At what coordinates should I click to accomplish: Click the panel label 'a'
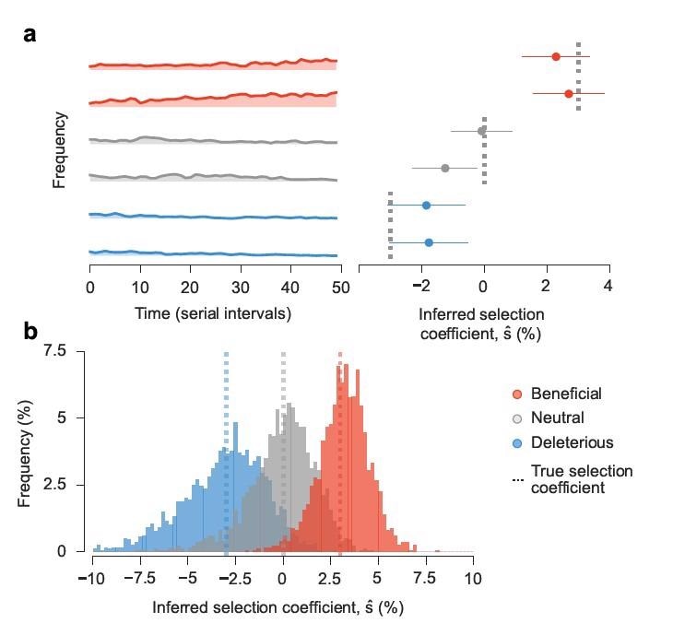(30, 35)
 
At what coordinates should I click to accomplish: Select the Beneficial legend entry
(565, 394)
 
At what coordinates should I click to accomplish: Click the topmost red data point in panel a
(556, 57)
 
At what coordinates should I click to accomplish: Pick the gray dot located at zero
(482, 131)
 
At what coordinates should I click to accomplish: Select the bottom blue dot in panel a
(429, 242)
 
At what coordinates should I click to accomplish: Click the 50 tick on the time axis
(340, 288)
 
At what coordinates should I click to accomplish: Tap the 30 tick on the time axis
(240, 288)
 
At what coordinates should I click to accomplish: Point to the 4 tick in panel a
(608, 288)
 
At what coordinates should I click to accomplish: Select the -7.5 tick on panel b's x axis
(139, 582)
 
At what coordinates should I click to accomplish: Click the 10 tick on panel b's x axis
(473, 582)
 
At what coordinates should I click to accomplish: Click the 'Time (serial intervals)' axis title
(214, 313)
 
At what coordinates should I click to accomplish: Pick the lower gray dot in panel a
(445, 168)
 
